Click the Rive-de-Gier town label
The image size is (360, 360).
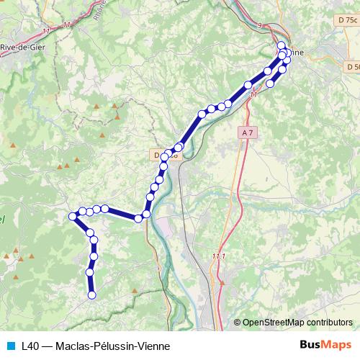19,48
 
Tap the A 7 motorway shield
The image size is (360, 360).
248,133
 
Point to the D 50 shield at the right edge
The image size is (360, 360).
352,67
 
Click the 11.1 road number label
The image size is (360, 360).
219,256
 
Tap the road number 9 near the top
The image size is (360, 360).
260,25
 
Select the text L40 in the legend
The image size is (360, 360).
30,346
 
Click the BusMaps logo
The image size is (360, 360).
325,345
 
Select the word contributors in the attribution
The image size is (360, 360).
329,323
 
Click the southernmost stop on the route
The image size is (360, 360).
91,294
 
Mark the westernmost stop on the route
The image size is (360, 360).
73,216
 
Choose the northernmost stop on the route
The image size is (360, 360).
281,45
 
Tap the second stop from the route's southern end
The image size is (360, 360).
90,271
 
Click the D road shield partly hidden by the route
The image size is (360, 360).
160,154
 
